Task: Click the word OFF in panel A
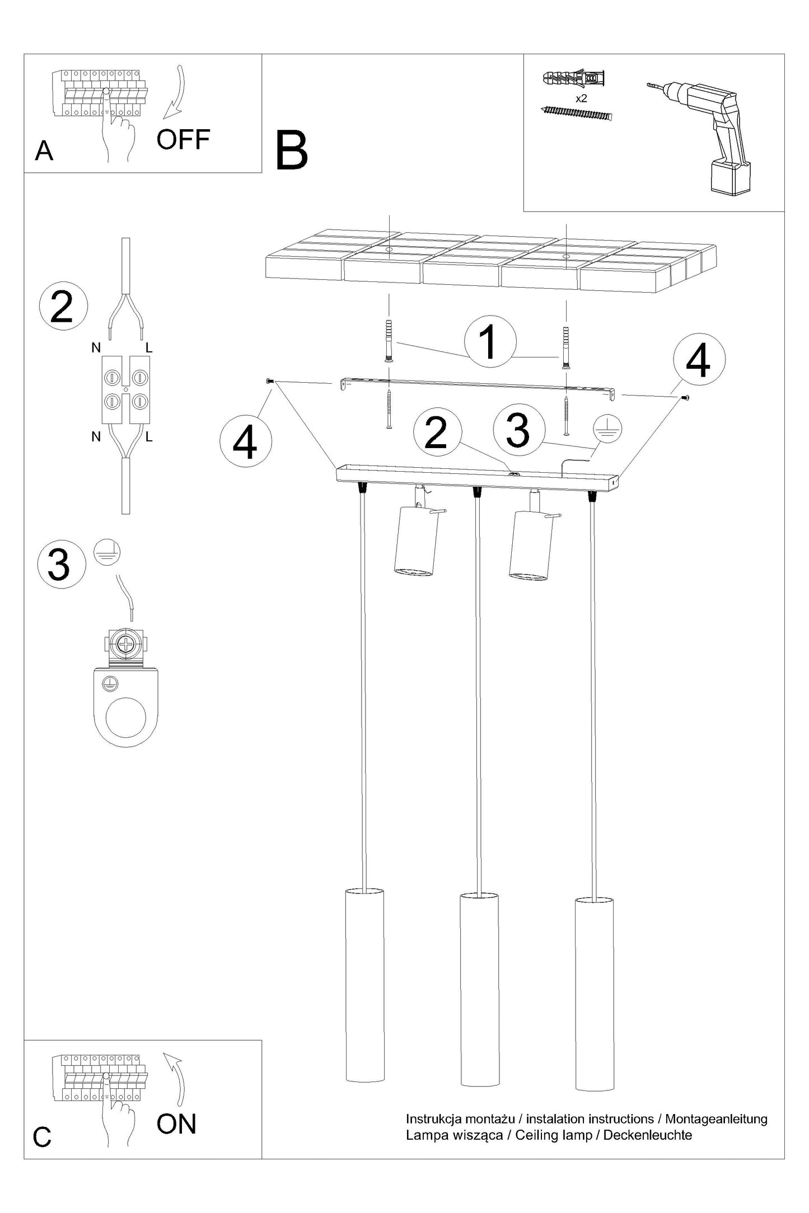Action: (x=183, y=139)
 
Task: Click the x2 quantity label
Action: (x=581, y=98)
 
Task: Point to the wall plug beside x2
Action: (x=574, y=79)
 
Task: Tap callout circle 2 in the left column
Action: (x=63, y=307)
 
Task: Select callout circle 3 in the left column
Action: (x=61, y=565)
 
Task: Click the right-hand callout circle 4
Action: (x=699, y=360)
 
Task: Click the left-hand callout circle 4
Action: (x=246, y=441)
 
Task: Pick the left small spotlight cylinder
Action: (x=414, y=540)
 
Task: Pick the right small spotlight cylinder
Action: (x=531, y=546)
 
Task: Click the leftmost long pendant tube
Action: (x=365, y=985)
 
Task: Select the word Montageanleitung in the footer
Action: (x=716, y=1119)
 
